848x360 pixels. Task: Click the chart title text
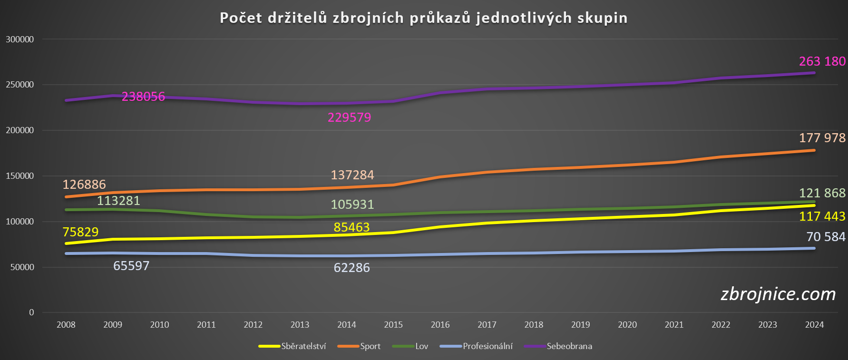tap(423, 18)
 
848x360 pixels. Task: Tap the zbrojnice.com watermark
tap(778, 294)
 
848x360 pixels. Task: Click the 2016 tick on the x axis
tap(440, 325)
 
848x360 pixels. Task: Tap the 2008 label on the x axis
tap(66, 325)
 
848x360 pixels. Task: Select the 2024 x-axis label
tap(814, 325)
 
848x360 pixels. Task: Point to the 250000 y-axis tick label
tap(20, 85)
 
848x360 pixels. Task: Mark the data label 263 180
tap(822, 61)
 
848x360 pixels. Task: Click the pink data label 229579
tap(349, 117)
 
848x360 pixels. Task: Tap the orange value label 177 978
tap(822, 138)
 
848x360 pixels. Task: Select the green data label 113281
tap(118, 201)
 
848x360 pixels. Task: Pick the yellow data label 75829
tap(80, 232)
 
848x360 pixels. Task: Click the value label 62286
tap(351, 268)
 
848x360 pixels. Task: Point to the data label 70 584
tap(826, 237)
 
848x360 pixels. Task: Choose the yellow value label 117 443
tap(822, 216)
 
